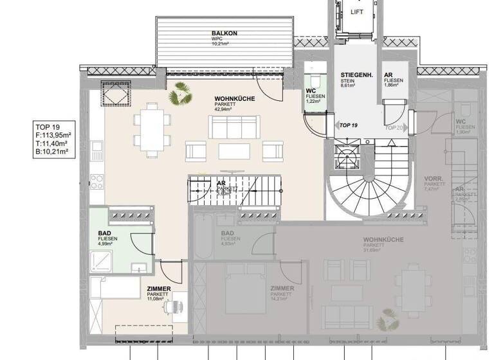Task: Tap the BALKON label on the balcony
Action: [224, 33]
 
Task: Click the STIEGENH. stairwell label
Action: [355, 76]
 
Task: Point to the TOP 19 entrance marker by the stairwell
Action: [347, 125]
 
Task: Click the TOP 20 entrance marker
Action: [394, 127]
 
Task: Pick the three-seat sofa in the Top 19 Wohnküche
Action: [233, 127]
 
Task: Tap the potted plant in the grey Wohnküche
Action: [387, 319]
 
